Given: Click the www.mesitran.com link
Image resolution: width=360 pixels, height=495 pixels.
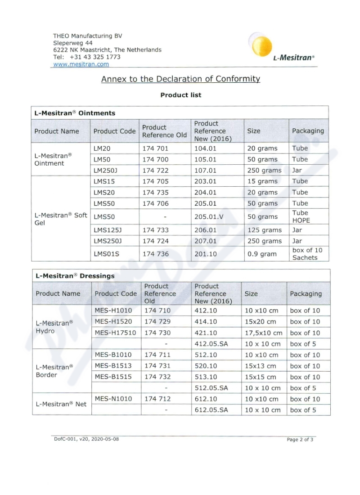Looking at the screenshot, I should tap(81, 64).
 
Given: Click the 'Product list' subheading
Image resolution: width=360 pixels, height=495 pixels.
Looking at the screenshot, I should tap(181, 95).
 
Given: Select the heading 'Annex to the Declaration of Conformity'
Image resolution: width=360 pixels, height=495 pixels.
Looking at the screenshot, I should tap(180, 79).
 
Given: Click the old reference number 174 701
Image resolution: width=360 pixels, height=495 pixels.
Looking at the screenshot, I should tap(155, 148).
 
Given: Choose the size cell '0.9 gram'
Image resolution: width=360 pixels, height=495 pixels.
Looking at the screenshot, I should tap(262, 254).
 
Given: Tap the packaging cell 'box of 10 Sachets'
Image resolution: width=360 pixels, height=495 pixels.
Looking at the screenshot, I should tap(307, 254).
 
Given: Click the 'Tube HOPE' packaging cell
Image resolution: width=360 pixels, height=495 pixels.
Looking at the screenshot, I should tap(301, 216).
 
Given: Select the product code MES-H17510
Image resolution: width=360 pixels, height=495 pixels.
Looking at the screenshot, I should tap(115, 333).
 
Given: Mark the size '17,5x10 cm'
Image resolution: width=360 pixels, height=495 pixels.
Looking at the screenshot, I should tap(264, 333).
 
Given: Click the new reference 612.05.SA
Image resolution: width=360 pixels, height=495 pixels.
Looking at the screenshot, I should tap(211, 410).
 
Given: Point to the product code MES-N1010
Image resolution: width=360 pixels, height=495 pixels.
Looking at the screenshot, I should tap(113, 399).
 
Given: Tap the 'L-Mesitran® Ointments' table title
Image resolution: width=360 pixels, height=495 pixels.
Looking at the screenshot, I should tap(75, 113).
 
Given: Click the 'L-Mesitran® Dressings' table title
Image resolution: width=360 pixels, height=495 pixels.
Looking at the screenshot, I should tap(75, 276).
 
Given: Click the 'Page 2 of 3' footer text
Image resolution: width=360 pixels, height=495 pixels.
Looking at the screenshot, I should tap(300, 440).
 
